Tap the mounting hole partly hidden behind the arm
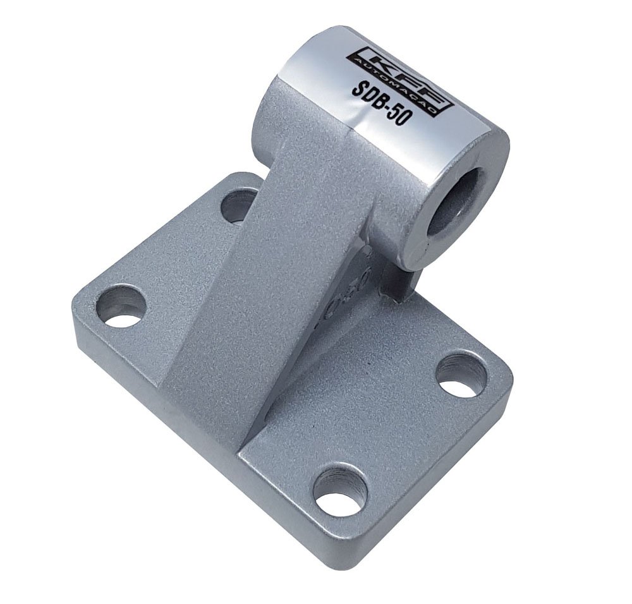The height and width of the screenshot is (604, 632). [x=236, y=206]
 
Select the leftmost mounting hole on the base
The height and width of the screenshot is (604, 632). [x=121, y=305]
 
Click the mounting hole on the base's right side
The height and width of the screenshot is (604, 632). [x=461, y=375]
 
